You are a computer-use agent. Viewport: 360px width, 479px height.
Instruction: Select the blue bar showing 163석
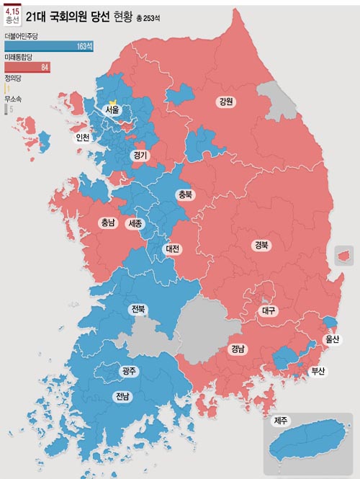click(x=48, y=46)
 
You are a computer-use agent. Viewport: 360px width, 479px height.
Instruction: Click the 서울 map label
click(x=112, y=110)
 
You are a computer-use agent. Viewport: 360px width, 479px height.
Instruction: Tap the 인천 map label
click(x=83, y=137)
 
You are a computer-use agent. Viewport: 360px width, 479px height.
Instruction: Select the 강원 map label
click(x=225, y=102)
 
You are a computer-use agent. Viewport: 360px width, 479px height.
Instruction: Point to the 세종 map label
click(x=135, y=223)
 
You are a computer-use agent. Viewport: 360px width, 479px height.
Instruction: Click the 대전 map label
click(x=173, y=249)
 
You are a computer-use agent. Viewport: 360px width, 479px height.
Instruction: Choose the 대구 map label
click(x=268, y=310)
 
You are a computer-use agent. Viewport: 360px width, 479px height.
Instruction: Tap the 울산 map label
click(x=332, y=339)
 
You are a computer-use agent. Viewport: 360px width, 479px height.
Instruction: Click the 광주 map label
click(x=129, y=371)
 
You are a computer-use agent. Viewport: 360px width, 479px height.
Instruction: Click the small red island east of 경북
click(x=344, y=254)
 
